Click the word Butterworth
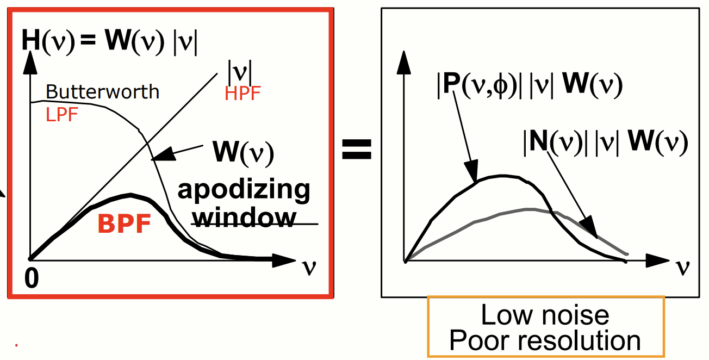coord(102,91)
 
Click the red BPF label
coord(125,224)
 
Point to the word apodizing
coord(244,191)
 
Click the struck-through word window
coord(246,218)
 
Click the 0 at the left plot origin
coord(32,278)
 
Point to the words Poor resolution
coord(545,340)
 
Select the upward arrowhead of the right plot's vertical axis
coord(403,59)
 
